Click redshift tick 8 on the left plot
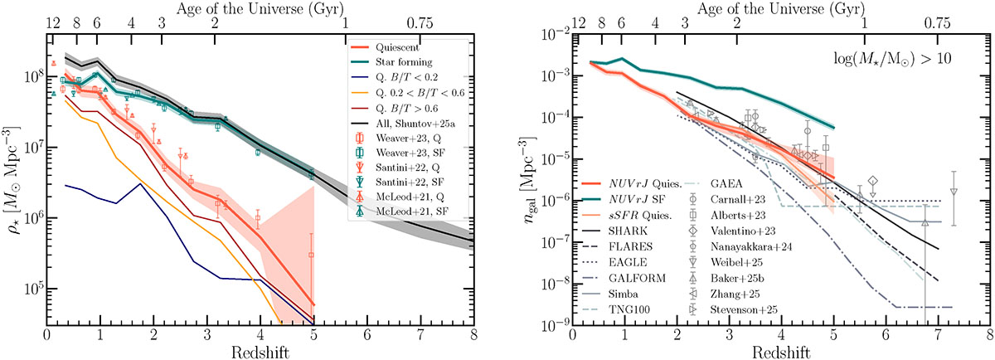(471, 333)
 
